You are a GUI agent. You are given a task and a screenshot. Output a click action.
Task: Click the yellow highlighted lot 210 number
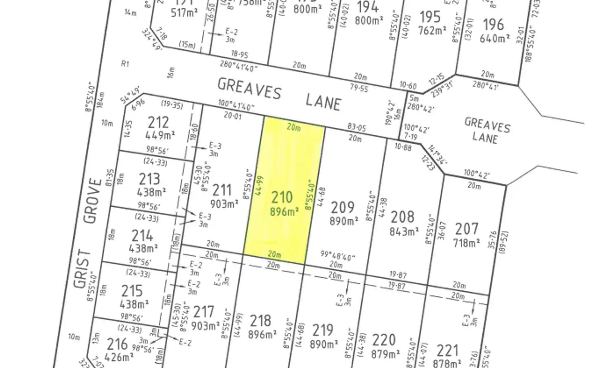click(x=282, y=198)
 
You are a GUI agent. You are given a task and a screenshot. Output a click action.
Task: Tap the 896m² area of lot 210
click(x=284, y=212)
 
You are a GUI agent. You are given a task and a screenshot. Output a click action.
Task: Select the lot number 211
click(x=222, y=190)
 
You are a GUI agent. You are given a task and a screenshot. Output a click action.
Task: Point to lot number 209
click(x=342, y=207)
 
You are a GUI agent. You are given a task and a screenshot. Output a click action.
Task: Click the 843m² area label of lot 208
click(x=404, y=232)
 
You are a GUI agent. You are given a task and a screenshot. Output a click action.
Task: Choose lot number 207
click(x=466, y=229)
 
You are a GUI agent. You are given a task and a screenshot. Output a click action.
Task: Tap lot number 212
click(x=158, y=122)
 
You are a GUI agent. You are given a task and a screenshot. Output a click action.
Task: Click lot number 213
click(x=149, y=179)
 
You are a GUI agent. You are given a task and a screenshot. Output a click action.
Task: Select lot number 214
click(x=142, y=235)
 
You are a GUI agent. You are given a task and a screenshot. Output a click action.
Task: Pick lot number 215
click(x=132, y=291)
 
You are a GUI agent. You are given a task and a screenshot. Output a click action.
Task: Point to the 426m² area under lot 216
click(x=120, y=357)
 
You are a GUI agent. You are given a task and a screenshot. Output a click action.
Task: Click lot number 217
click(x=203, y=312)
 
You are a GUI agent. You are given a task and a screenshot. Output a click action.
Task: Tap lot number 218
click(x=260, y=320)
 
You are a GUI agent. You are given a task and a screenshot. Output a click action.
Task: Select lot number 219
click(x=323, y=330)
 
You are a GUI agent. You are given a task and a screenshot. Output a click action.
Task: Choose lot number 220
click(x=384, y=340)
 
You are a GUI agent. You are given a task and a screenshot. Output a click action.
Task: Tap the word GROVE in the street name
click(x=92, y=201)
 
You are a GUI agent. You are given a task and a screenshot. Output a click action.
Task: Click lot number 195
click(x=430, y=17)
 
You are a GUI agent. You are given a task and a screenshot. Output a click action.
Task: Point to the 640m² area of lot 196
click(x=495, y=39)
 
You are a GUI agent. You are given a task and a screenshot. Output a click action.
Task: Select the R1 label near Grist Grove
click(x=125, y=64)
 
